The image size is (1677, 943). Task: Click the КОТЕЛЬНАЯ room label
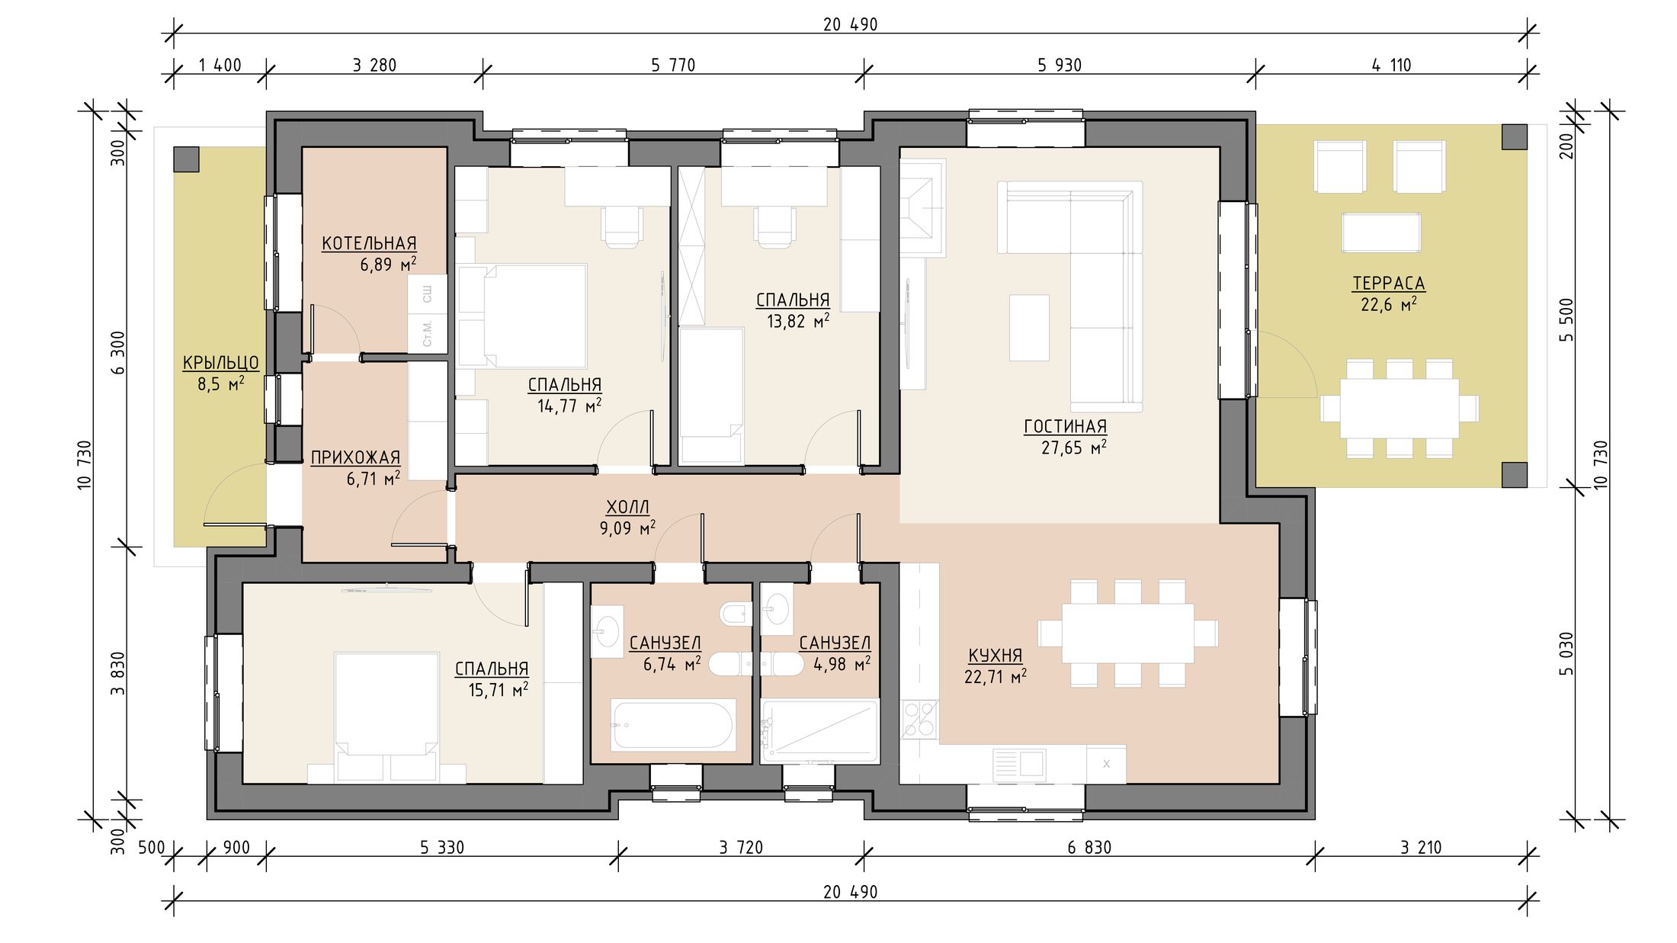point(369,243)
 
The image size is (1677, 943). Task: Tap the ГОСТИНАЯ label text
point(1065,426)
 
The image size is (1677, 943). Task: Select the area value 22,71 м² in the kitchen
point(996,676)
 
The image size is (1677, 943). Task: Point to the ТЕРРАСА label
point(1388,283)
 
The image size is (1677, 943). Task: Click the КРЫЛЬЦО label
point(221,363)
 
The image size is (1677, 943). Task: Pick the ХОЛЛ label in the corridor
point(627,507)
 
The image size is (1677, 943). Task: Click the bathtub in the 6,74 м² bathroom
point(672,725)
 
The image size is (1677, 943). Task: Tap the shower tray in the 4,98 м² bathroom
point(819,730)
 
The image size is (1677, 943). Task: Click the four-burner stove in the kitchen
point(919,719)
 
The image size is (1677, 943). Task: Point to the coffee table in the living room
point(1029,328)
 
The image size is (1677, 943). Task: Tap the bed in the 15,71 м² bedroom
point(387,717)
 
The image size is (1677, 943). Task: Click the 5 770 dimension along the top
point(673,66)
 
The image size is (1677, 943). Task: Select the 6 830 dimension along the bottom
point(1089,847)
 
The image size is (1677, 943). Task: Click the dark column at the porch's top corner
point(186,159)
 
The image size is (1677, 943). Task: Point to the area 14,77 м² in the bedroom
point(569,406)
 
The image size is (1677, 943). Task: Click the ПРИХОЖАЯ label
point(355,457)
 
